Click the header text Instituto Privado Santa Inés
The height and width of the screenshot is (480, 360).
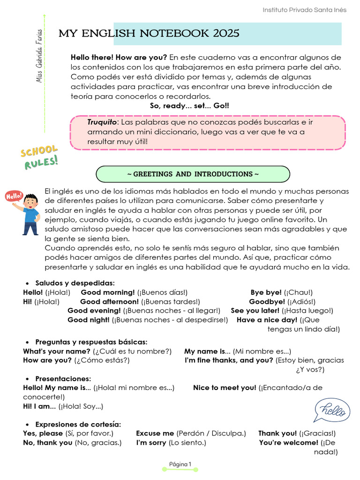(304, 10)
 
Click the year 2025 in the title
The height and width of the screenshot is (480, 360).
(226, 33)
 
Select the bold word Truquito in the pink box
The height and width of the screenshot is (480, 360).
(101, 122)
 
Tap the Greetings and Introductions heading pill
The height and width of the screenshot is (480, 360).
(193, 174)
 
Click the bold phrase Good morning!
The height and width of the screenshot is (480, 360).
(108, 292)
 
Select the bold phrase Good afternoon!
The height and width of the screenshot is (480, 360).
(110, 301)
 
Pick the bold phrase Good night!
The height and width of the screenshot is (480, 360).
(89, 320)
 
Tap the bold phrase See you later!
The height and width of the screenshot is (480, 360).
(255, 310)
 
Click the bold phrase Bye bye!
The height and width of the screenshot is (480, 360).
(266, 292)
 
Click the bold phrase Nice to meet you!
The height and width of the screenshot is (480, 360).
(225, 388)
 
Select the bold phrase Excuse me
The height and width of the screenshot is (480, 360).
(155, 433)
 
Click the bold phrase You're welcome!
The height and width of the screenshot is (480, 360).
(288, 442)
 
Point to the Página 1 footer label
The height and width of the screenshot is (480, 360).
(180, 465)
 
